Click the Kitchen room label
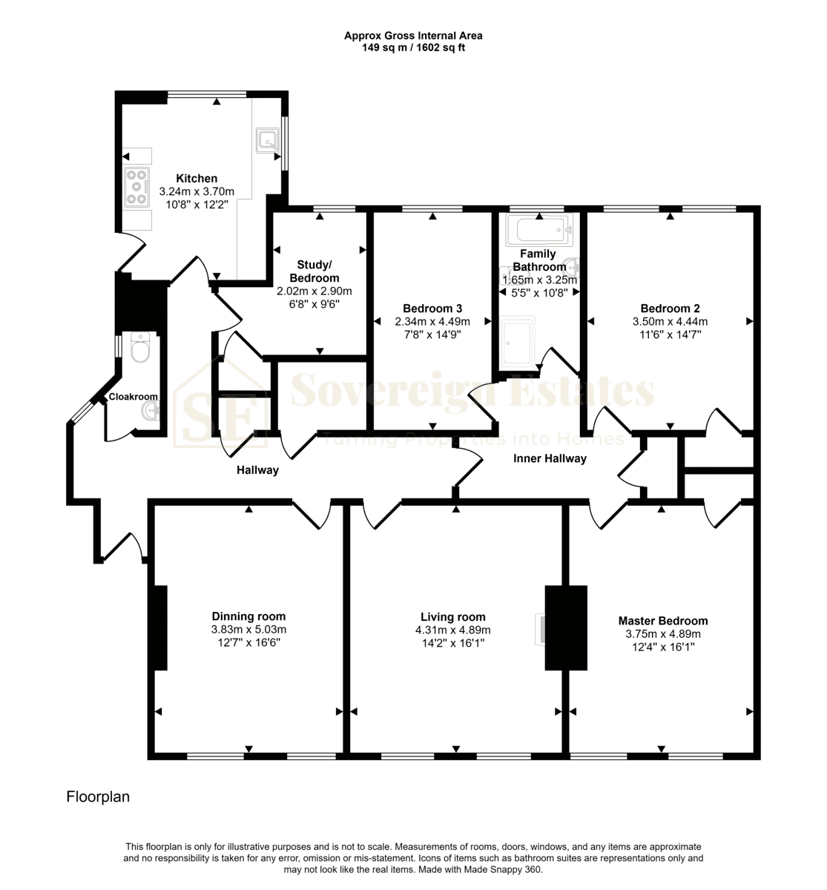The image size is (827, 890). (197, 178)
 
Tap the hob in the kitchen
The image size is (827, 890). (136, 188)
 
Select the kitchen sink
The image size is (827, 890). (268, 140)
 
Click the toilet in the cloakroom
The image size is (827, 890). (140, 347)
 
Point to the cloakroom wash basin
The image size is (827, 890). (150, 410)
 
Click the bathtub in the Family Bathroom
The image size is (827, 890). (539, 230)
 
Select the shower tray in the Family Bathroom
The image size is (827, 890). (517, 343)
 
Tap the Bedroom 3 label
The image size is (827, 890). (432, 309)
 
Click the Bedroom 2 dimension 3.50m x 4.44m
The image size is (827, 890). (670, 321)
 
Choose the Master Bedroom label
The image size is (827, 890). (663, 621)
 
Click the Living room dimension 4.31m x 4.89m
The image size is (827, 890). (452, 630)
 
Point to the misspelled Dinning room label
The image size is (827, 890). (248, 616)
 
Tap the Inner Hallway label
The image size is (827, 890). (550, 458)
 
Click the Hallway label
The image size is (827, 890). (257, 470)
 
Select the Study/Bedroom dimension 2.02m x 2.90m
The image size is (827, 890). (314, 291)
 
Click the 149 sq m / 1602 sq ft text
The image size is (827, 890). (413, 47)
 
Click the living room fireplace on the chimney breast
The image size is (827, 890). (540, 630)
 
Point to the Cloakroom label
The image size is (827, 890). (133, 397)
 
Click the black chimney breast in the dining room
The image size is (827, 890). (160, 627)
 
